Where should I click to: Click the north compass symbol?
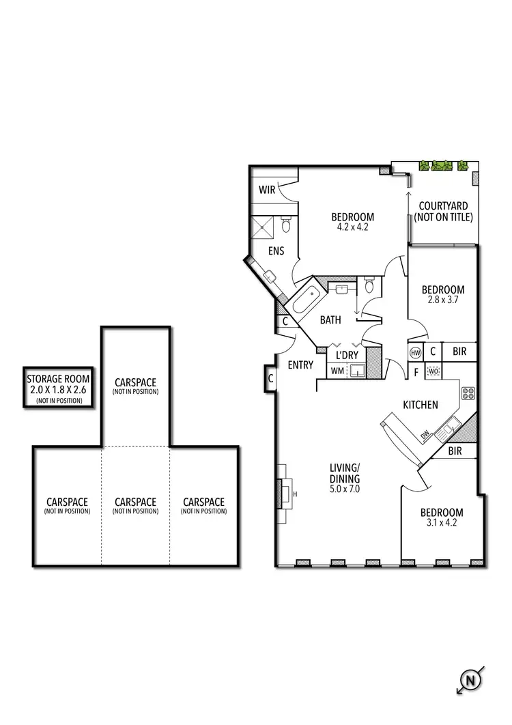pyautogui.click(x=470, y=680)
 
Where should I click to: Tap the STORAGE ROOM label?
pyautogui.click(x=59, y=380)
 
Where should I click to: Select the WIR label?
pyautogui.click(x=267, y=190)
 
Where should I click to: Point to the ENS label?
pyautogui.click(x=276, y=251)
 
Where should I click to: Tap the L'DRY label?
pyautogui.click(x=347, y=355)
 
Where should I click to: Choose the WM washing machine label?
pyautogui.click(x=337, y=371)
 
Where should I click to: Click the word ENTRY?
pyautogui.click(x=300, y=365)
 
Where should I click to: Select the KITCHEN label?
pyautogui.click(x=420, y=405)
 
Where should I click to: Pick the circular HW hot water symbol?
pyautogui.click(x=415, y=352)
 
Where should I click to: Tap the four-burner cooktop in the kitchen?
pyautogui.click(x=468, y=393)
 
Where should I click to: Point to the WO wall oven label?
pyautogui.click(x=433, y=372)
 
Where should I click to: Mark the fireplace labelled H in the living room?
pyautogui.click(x=285, y=494)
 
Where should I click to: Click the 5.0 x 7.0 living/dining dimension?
pyautogui.click(x=344, y=489)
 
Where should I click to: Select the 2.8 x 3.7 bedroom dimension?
pyautogui.click(x=442, y=300)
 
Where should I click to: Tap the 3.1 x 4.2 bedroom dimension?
pyautogui.click(x=441, y=523)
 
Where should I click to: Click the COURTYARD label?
pyautogui.click(x=443, y=205)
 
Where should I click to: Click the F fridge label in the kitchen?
pyautogui.click(x=415, y=372)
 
